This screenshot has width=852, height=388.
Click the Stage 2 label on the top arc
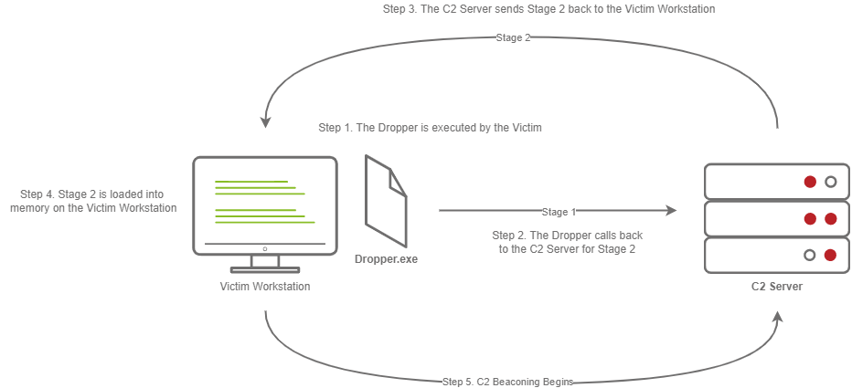(513, 38)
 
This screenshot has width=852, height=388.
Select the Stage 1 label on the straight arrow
(559, 212)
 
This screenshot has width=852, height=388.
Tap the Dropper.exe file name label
(386, 259)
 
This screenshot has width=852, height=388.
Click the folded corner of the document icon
(397, 182)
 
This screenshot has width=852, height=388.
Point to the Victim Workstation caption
(265, 287)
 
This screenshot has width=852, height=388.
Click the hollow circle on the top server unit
(830, 182)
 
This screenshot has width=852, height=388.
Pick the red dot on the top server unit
(810, 182)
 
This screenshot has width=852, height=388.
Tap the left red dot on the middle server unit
(810, 219)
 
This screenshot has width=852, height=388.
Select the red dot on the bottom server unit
(830, 255)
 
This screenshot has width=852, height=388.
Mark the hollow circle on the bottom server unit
(810, 255)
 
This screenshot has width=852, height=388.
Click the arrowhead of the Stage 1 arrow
(671, 211)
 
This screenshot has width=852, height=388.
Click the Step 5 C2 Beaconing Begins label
(507, 382)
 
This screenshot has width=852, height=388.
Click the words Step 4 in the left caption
(36, 194)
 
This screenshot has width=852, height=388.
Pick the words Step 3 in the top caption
(399, 9)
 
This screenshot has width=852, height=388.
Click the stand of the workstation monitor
(265, 263)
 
